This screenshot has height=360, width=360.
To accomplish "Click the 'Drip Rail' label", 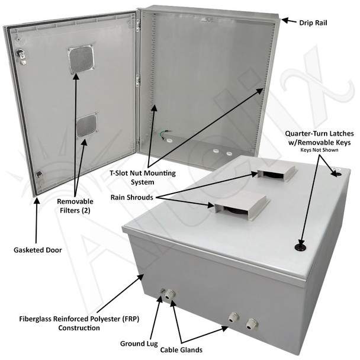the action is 313,22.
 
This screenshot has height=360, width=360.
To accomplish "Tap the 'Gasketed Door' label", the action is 38,250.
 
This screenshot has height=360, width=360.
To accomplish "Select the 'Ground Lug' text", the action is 139,343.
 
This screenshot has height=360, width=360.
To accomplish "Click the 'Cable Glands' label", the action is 181,350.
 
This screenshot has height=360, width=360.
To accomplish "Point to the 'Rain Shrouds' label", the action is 132,197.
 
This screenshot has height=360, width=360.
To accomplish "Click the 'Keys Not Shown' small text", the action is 319,150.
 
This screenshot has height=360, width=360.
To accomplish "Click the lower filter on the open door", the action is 86,126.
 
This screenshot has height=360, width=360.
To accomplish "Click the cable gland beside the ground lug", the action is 169,294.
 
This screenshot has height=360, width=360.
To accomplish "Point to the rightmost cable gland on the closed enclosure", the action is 251,324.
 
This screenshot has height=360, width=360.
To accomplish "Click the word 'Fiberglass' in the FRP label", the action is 35,319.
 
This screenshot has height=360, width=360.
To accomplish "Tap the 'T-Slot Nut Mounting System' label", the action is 143,178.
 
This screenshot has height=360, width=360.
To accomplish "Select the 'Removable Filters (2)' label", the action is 75,206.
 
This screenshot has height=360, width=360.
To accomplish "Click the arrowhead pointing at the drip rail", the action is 285,21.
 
